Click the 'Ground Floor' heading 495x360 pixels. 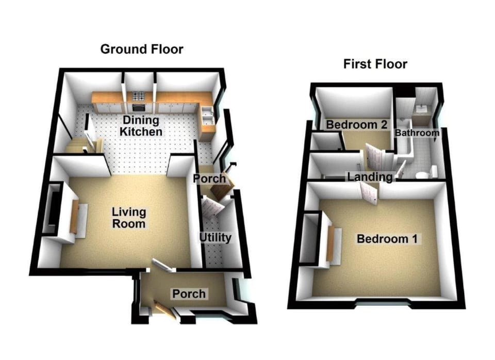(141, 50)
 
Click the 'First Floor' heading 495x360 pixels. (375, 64)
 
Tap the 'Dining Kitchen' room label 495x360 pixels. (141, 126)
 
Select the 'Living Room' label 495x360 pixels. (129, 218)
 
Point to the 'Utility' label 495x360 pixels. (216, 238)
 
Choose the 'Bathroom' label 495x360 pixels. (417, 133)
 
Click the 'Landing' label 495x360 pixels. (369, 177)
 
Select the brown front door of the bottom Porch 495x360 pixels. (163, 310)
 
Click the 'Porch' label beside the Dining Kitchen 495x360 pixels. (209, 178)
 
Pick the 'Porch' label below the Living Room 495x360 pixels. (189, 294)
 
